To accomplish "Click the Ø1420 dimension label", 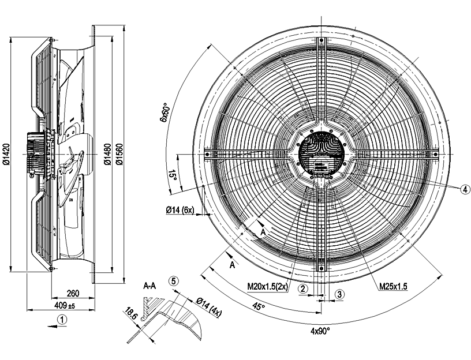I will [x=5, y=155].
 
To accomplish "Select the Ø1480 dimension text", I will [x=107, y=155].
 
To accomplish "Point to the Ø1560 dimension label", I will [x=119, y=155].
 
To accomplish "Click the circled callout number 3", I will [x=340, y=294].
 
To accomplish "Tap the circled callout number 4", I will [x=466, y=189].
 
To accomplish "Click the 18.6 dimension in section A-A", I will [x=131, y=315].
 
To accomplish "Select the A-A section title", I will [x=151, y=285].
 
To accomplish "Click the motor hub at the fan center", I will [x=321, y=153].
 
